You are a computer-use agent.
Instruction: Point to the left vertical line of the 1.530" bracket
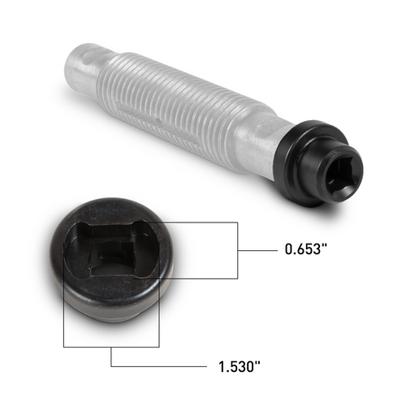pos(63,309)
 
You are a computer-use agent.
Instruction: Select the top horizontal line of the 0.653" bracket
pos(195,222)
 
